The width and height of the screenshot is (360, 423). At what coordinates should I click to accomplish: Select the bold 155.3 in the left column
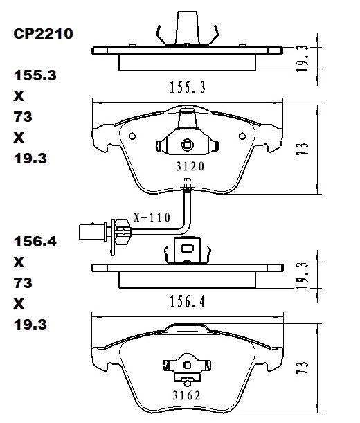click(32, 75)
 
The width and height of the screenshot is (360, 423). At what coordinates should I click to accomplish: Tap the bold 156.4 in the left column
click(32, 242)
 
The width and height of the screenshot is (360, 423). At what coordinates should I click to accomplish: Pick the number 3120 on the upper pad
click(187, 166)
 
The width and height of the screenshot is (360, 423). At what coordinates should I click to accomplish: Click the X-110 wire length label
click(151, 217)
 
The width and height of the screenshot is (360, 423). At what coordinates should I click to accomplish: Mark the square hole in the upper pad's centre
click(186, 145)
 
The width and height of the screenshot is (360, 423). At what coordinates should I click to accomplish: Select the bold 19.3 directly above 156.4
click(28, 159)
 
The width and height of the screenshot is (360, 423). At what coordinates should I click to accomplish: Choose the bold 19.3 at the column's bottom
click(28, 324)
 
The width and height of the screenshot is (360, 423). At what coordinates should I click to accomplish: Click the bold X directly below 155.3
click(19, 96)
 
